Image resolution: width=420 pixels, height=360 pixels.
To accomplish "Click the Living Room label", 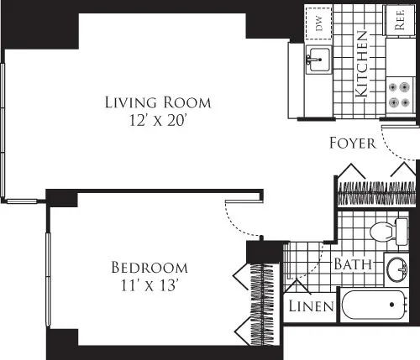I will (x=158, y=102).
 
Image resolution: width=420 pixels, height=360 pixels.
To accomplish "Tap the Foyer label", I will (x=352, y=143).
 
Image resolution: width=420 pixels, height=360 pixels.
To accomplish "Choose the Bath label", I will (x=354, y=263).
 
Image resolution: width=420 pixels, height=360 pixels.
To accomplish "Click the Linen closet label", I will (x=312, y=306).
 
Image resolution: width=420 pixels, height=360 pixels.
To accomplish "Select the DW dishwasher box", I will (x=319, y=23).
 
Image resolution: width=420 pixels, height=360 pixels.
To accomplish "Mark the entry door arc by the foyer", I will (x=395, y=146).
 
